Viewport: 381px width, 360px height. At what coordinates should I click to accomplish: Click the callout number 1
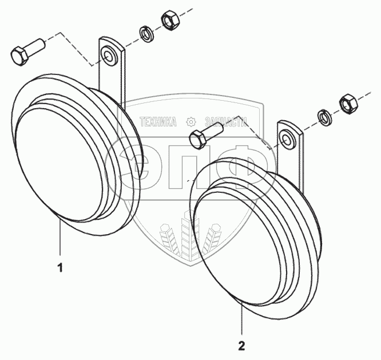(x=60, y=267)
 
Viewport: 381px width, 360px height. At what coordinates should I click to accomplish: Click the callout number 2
(x=241, y=345)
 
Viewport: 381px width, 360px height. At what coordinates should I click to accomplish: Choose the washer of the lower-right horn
(x=323, y=117)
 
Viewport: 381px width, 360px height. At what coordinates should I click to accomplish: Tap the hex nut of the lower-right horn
(x=348, y=103)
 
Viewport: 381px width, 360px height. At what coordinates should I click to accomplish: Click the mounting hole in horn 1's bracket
(x=107, y=56)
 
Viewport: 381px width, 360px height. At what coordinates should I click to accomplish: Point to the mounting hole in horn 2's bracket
(x=286, y=137)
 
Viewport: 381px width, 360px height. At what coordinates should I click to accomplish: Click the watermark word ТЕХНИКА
(x=158, y=121)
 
